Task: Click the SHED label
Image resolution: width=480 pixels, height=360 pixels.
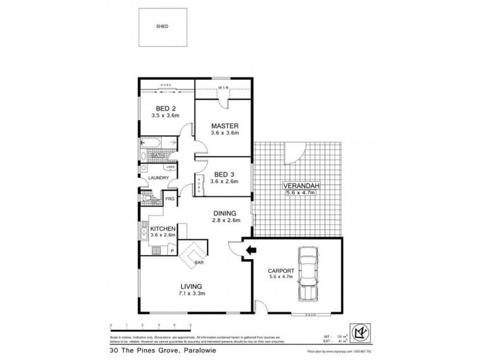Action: pyautogui.click(x=161, y=27)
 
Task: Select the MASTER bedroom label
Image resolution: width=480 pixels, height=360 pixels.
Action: pyautogui.click(x=225, y=126)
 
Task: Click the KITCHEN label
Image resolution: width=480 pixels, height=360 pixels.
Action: pyautogui.click(x=162, y=229)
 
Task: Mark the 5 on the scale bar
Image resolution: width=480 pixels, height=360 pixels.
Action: pyautogui.click(x=190, y=325)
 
